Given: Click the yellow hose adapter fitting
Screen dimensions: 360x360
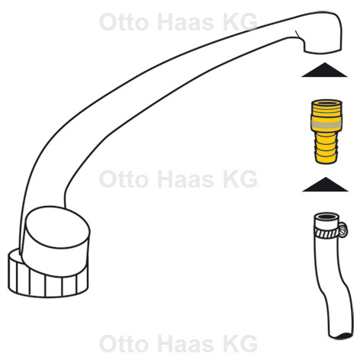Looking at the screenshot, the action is (326, 131).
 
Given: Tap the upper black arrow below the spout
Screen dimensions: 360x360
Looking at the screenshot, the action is (324, 70).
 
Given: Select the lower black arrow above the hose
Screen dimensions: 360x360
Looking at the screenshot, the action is (326, 185).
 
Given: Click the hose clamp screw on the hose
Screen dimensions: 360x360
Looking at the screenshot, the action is (343, 230).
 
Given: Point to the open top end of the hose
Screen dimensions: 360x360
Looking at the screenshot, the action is (326, 217).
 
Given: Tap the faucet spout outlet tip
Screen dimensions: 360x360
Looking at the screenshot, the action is (323, 51).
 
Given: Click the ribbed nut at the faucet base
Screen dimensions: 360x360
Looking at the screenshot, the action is (47, 281).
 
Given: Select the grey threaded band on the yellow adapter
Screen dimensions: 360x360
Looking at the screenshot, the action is (326, 124).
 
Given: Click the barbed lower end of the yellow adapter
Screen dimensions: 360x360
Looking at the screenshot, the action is (326, 148).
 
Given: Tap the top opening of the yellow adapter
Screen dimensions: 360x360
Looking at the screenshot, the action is (326, 103).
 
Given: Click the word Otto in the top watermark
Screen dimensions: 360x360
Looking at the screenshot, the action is (124, 22).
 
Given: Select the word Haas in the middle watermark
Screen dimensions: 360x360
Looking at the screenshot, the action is (185, 179).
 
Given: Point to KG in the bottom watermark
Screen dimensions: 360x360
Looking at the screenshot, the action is (240, 343).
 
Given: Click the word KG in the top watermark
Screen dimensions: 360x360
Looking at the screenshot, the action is (240, 22).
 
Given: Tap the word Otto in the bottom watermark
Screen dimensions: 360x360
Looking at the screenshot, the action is (124, 343).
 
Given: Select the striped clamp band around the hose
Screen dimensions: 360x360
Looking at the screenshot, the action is (326, 233).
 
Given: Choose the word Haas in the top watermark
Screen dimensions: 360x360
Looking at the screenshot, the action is (185, 22).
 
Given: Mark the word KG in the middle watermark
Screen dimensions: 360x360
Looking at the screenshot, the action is (240, 179).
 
